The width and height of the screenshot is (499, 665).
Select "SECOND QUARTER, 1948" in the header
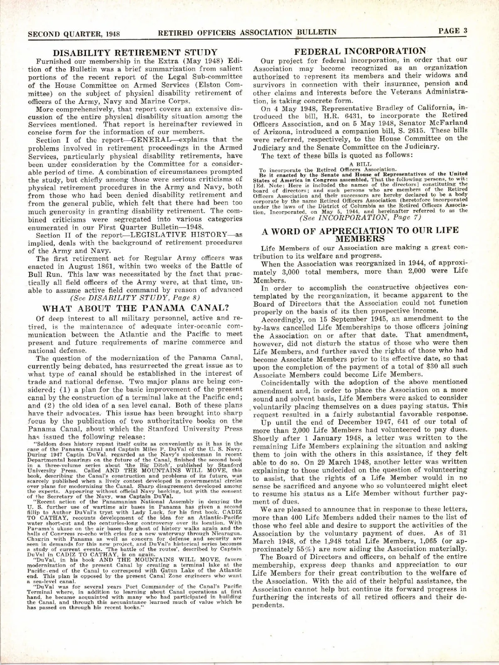(x=71, y=33)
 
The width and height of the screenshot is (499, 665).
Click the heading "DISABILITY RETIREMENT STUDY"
(x=137, y=53)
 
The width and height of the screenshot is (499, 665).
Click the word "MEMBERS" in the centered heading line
(x=360, y=239)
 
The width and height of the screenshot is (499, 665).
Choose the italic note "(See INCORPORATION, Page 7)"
(x=360, y=219)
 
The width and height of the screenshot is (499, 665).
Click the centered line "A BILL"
(x=360, y=165)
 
